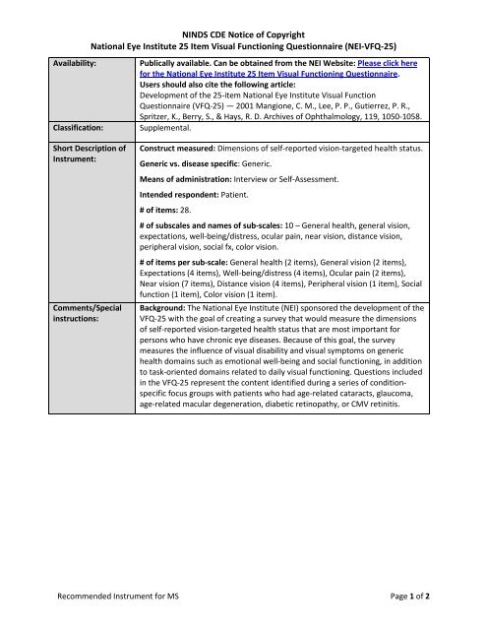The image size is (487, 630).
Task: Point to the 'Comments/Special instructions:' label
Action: pyautogui.click(x=82, y=314)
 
